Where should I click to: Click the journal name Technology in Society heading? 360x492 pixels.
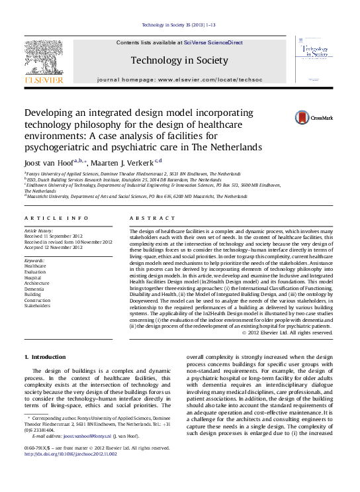179,60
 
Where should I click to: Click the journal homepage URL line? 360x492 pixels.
179,79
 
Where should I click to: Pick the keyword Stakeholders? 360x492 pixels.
37,306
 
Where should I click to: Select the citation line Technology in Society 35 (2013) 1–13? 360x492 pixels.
179,26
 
